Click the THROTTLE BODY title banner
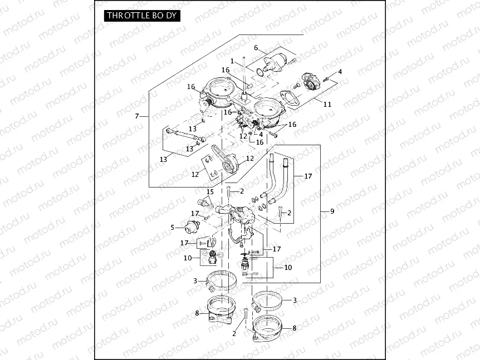142,16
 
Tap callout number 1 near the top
232,61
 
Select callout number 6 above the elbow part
256,47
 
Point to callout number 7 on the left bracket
137,116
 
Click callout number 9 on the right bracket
332,211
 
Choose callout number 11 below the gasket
327,104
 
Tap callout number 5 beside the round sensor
173,227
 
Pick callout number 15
210,191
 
